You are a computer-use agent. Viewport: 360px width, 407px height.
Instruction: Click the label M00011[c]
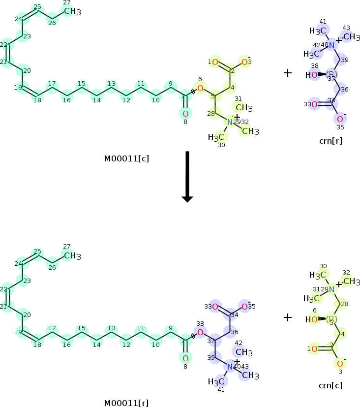click(x=126, y=158)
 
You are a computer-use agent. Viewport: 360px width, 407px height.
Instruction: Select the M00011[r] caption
click(x=126, y=403)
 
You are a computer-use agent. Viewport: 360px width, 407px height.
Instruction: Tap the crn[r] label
click(x=330, y=141)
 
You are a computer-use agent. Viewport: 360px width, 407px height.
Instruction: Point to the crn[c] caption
click(x=330, y=385)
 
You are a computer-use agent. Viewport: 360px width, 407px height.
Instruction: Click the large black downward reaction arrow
click(x=187, y=177)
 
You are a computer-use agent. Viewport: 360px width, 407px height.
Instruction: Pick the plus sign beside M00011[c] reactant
click(x=288, y=73)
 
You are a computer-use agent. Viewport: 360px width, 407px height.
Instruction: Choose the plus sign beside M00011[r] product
click(x=288, y=317)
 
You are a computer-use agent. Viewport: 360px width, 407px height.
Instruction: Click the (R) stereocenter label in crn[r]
click(x=332, y=75)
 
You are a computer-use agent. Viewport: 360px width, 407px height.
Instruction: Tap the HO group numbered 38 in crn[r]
click(x=311, y=75)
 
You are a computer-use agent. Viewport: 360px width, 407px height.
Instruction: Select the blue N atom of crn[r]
click(x=332, y=45)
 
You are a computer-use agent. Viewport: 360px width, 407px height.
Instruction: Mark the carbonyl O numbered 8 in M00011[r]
click(x=185, y=358)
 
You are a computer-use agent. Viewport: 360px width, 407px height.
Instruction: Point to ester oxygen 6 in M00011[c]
click(x=200, y=88)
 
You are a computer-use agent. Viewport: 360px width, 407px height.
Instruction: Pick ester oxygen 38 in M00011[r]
click(x=200, y=333)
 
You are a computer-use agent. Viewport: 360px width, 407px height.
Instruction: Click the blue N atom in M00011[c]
click(x=230, y=122)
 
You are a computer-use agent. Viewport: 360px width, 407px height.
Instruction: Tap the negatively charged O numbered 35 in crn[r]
click(x=340, y=119)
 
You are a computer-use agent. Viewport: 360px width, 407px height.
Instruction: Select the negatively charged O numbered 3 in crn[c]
click(x=340, y=363)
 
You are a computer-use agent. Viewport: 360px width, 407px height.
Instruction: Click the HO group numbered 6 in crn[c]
click(x=311, y=319)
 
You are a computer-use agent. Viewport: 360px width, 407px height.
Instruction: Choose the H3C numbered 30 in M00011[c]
click(x=216, y=137)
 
